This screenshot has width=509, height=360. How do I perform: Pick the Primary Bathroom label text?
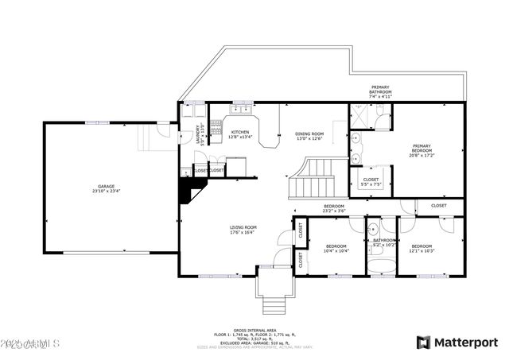(381, 90)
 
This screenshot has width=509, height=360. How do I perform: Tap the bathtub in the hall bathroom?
(383, 265)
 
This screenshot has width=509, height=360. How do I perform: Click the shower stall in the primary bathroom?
(360, 116)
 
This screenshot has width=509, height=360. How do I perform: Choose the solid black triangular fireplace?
(192, 190)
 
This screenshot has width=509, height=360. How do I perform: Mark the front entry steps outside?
(274, 304)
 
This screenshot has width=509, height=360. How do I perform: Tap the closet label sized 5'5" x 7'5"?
(371, 182)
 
